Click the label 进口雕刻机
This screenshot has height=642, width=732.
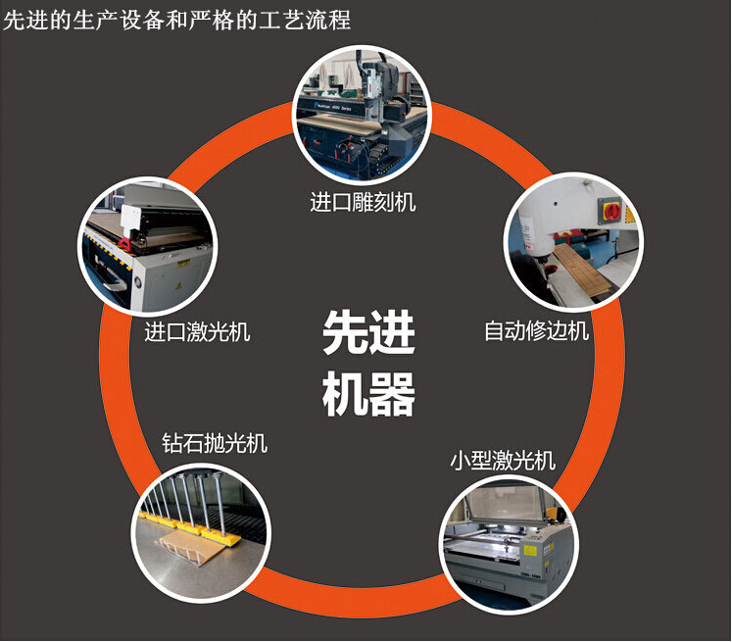363,202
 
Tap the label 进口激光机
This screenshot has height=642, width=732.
197,332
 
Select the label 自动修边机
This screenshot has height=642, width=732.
536,330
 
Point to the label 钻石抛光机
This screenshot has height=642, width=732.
215,443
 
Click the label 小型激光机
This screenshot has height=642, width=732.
503,461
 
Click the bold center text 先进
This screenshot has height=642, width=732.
368,333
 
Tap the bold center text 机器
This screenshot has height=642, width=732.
368,394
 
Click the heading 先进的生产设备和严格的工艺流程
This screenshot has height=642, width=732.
177,21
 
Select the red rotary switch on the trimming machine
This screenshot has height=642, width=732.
611,212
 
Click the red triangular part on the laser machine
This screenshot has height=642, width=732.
124,243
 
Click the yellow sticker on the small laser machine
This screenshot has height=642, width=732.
529,550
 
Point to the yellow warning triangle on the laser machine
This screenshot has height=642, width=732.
178,286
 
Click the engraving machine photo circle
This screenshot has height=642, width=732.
363,114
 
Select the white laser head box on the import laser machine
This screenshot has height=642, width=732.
130,218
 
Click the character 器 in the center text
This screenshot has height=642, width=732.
392,394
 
